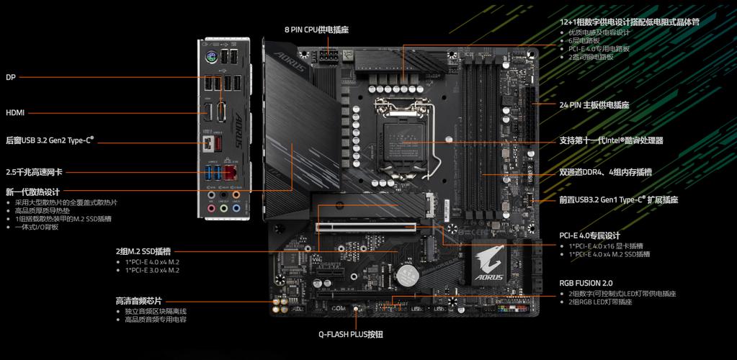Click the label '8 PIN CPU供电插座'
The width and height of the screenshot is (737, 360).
coord(316,30)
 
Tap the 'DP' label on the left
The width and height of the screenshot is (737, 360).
coord(11,77)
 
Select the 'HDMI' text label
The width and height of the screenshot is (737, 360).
coord(16,112)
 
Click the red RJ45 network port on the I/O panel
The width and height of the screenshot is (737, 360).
coord(231,172)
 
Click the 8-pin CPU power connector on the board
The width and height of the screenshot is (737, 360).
coord(328,57)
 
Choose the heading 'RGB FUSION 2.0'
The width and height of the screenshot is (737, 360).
coord(586,283)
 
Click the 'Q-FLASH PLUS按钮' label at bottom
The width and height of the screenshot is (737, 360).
coord(351,334)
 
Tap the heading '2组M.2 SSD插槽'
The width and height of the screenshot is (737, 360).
coord(143,251)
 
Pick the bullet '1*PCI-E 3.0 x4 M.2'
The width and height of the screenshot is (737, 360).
coord(152,270)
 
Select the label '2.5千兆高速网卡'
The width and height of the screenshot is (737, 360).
coord(34,172)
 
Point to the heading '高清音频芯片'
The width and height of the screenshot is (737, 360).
coord(138,300)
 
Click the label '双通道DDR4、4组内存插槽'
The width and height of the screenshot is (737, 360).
coord(605,172)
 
